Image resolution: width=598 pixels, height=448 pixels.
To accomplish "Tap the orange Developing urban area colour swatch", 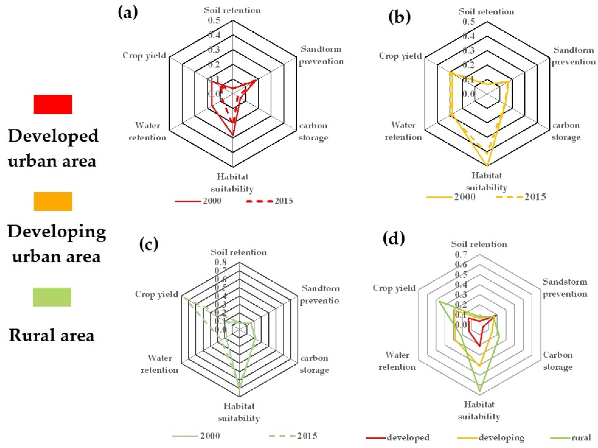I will (53, 201).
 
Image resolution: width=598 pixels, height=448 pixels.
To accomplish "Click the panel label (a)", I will (128, 13).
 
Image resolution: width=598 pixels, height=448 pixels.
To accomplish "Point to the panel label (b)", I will (399, 17).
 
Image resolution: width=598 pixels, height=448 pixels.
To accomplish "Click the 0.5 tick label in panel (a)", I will (214, 21).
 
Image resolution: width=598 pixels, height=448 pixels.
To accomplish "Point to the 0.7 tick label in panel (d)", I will (461, 255).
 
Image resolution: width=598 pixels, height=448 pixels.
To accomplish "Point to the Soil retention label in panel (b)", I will (486, 12).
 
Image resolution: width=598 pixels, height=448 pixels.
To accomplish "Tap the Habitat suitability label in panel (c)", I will (239, 412).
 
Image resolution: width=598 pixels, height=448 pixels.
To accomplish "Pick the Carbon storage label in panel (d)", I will (558, 361).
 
